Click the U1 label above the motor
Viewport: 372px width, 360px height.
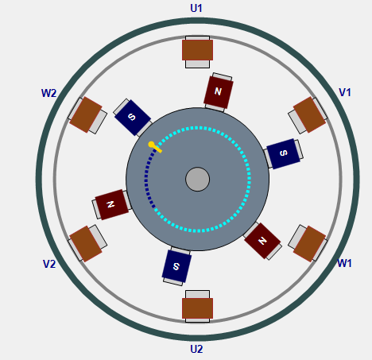tap(196, 8)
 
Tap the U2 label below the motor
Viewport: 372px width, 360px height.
tap(196, 349)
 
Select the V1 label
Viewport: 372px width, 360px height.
tap(345, 92)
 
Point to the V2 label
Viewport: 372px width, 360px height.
tap(49, 264)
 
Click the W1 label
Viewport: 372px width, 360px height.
tap(344, 263)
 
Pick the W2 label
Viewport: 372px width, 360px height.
tap(49, 93)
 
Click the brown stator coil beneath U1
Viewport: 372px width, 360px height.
tap(197, 50)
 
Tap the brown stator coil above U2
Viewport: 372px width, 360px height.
tap(197, 308)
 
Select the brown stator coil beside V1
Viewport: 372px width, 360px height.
tap(309, 114)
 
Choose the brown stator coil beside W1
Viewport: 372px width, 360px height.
tap(309, 244)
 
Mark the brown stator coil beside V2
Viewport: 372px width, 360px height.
tap(86, 244)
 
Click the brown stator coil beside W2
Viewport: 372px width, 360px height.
tap(86, 114)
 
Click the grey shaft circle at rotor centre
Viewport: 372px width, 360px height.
tap(198, 179)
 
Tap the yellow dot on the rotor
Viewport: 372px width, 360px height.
tap(151, 145)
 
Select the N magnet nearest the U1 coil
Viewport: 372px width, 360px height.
tap(219, 92)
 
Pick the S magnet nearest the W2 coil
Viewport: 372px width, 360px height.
tap(133, 117)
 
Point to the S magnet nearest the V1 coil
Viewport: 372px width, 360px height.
tap(283, 153)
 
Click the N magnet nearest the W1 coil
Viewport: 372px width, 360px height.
tap(262, 241)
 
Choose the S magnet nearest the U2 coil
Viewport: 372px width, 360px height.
tap(176, 266)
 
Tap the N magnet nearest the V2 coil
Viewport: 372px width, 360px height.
tap(112, 204)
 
